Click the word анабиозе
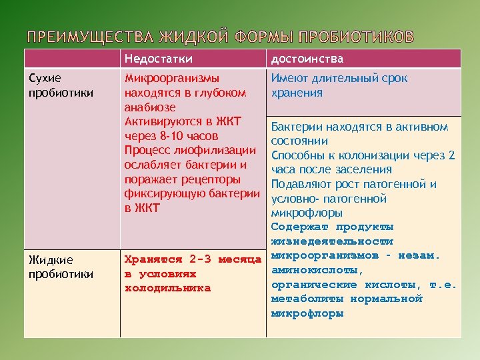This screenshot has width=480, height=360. point(150,107)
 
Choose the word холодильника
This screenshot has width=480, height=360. point(168,288)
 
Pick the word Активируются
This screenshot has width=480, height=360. point(164,121)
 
